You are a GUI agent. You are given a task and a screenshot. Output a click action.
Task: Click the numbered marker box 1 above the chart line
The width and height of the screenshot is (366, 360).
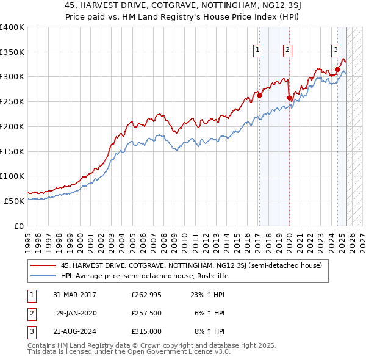point(258,51)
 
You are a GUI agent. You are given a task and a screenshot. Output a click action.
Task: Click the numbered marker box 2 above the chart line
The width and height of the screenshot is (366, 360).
point(287,51)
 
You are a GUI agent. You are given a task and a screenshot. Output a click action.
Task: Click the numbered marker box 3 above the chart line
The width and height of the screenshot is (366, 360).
point(335,51)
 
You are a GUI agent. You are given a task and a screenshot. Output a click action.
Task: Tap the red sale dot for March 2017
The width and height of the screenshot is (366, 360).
point(259,95)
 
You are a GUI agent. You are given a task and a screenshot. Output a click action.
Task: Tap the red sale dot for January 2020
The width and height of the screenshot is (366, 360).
point(289,97)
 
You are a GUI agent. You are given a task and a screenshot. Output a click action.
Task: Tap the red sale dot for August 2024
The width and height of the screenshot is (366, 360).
point(337,69)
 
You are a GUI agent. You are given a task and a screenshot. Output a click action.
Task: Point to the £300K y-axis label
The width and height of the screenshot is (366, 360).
point(12,77)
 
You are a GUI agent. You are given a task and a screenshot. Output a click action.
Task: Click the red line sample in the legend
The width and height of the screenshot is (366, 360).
point(43,265)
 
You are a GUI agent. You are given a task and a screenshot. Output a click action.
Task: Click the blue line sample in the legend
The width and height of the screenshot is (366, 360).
point(43,275)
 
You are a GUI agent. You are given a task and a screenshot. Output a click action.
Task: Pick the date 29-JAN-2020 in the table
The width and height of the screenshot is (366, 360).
point(77,313)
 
